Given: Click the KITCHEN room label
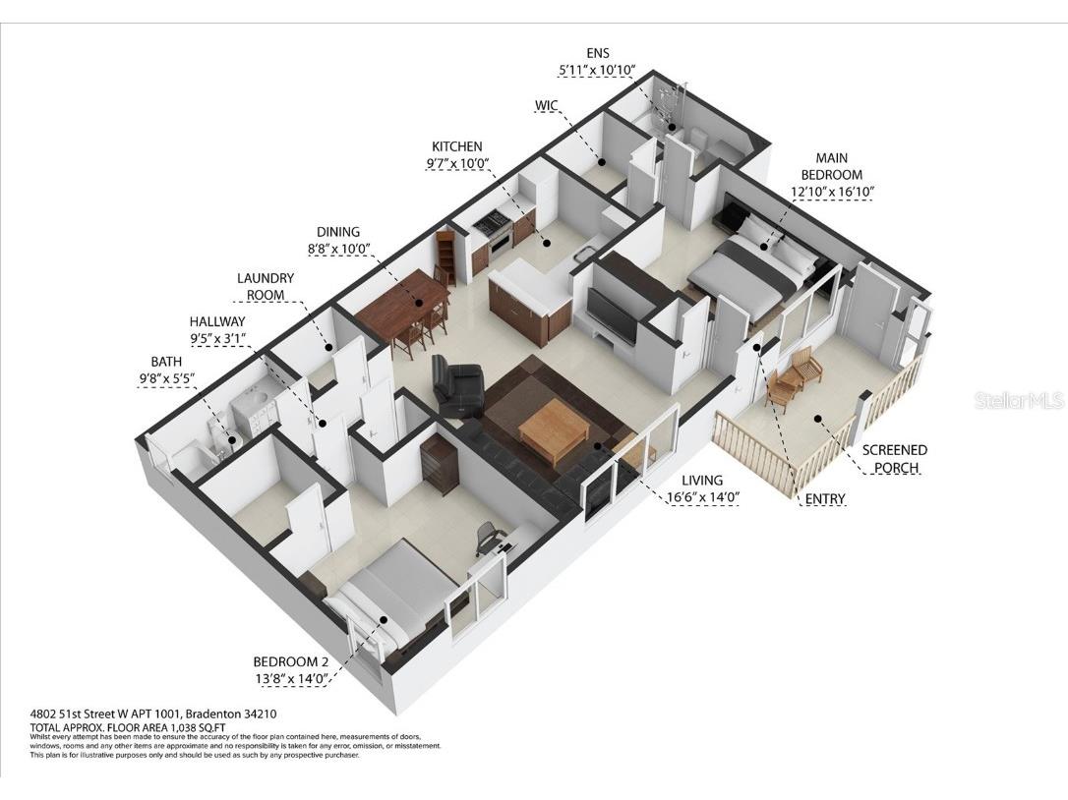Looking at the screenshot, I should click(x=456, y=147).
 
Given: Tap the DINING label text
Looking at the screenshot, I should click(x=337, y=233).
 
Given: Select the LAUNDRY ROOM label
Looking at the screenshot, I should click(x=266, y=286).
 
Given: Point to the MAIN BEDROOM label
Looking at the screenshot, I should click(x=831, y=166).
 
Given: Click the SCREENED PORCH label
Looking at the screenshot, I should click(x=894, y=459).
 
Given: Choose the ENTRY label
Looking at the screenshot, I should click(x=824, y=499).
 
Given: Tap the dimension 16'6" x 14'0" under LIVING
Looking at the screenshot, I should click(x=702, y=496).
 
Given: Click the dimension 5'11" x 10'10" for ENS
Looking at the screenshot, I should click(x=597, y=71).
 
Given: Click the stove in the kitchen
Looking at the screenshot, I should click(x=492, y=227).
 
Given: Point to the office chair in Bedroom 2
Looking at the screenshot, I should click(x=489, y=537).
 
